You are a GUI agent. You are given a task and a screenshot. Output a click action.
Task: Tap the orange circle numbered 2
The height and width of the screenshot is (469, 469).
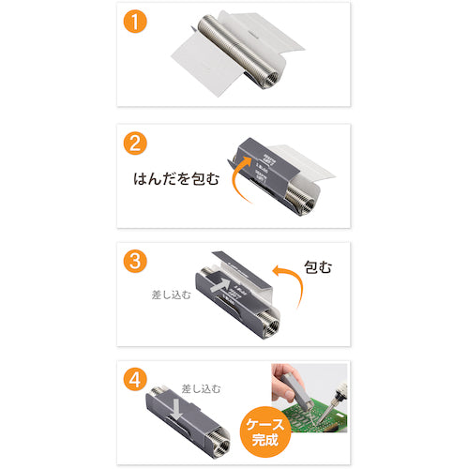pos(139,146)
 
